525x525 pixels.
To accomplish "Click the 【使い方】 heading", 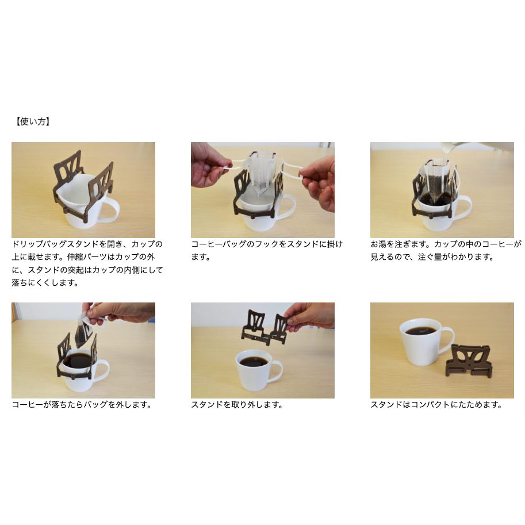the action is [x=32, y=121].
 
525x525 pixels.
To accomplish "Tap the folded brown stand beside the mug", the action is [x=469, y=361].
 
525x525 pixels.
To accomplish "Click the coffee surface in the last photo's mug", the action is [x=420, y=331].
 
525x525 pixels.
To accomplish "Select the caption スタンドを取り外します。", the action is [x=237, y=405].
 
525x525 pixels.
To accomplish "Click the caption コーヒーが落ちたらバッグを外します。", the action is [x=82, y=405].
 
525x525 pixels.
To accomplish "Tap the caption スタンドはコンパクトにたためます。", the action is [x=436, y=405].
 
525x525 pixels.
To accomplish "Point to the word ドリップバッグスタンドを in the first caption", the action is [x=54, y=244].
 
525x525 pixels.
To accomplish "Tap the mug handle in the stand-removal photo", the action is [x=277, y=372].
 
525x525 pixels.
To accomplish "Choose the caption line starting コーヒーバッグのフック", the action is [x=267, y=244].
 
